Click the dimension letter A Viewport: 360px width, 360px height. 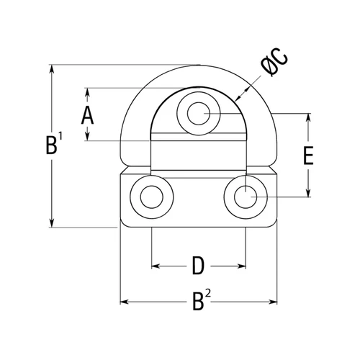(87, 116)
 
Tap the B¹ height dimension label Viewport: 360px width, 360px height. (54, 143)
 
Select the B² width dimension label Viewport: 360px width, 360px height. (202, 300)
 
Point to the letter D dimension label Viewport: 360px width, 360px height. (198, 266)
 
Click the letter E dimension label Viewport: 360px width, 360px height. (308, 156)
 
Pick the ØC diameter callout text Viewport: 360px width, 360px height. (274, 63)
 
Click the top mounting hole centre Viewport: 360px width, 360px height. (199, 114)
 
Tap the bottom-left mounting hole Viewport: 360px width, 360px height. (152, 197)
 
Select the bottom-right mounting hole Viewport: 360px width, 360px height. (246, 197)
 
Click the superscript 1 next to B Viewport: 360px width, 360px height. (60, 136)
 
